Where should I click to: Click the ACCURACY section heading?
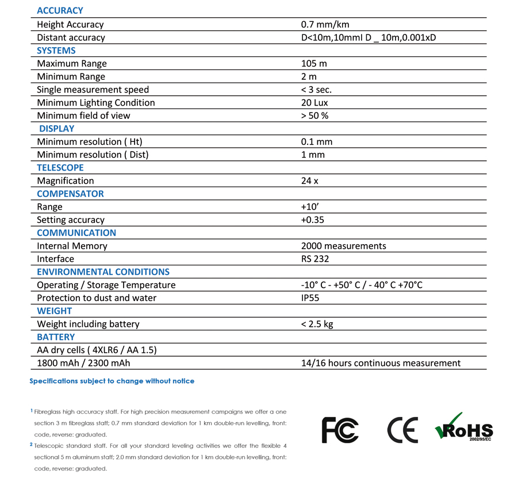tap(60, 10)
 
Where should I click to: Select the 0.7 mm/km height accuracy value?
tap(325, 24)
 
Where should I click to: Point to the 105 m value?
tap(313, 63)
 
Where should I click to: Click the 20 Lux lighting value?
tap(314, 102)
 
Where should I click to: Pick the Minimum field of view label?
tap(83, 115)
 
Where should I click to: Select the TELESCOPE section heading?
tap(60, 168)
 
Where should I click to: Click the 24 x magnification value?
tap(309, 180)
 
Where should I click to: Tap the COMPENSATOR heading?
tap(70, 194)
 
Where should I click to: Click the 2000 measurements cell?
tap(343, 246)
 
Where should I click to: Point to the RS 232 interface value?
tap(315, 258)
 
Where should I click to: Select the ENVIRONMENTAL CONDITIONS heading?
tap(103, 272)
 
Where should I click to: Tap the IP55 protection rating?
tap(310, 298)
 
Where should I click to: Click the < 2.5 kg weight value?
tap(317, 324)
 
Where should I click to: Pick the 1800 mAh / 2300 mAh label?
tap(83, 363)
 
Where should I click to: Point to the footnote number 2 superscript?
tap(31, 445)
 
